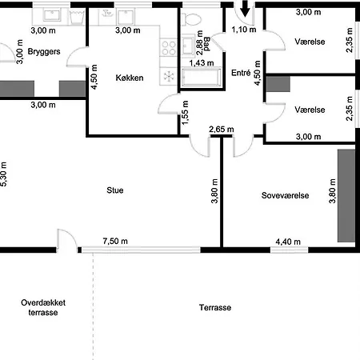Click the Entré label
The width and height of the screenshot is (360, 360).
tap(240, 73)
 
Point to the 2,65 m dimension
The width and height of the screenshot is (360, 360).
tap(220, 130)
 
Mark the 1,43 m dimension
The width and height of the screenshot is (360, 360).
tap(201, 62)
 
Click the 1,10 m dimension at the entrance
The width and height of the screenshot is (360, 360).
tap(243, 30)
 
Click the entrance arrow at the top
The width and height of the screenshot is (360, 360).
tap(244, 11)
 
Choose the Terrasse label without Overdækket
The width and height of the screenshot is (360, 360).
tap(215, 308)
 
